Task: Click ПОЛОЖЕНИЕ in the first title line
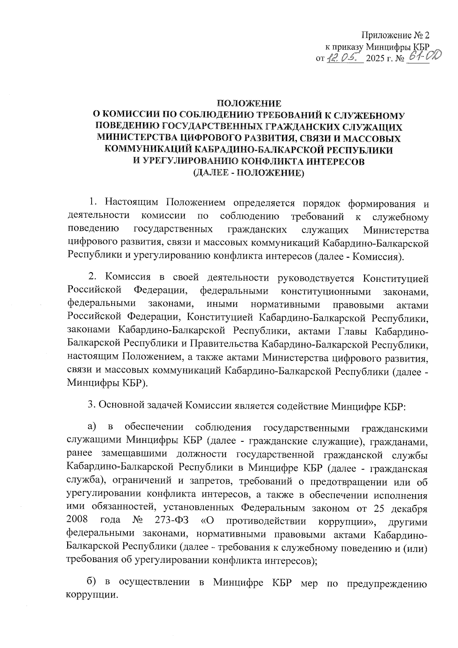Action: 249,103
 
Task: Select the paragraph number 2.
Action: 91,278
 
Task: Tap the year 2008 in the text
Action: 78,520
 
